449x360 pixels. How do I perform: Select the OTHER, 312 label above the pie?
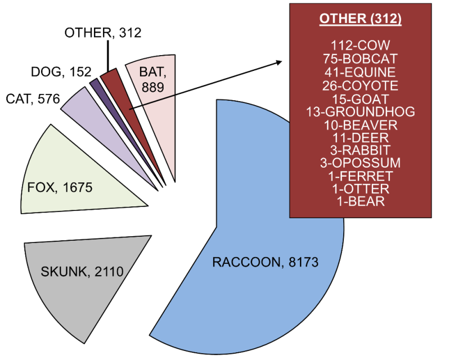coord(103,33)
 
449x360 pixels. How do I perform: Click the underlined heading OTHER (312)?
coord(360,20)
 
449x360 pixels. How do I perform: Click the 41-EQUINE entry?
coord(360,72)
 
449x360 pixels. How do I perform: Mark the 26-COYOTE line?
coord(360,85)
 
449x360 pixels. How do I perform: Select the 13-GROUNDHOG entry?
coord(360,111)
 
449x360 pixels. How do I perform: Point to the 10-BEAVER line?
coord(360,124)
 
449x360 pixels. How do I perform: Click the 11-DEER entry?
coord(360,137)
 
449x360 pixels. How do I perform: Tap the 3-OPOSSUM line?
coord(360,163)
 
